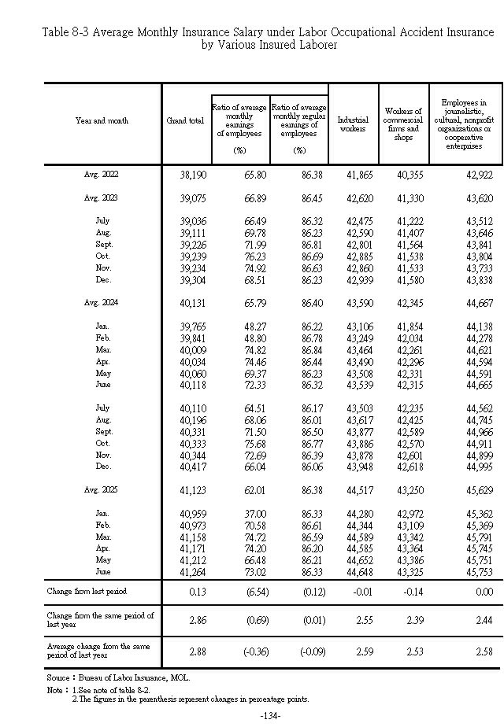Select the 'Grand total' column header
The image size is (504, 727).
click(x=185, y=120)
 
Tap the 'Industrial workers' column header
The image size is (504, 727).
click(x=353, y=124)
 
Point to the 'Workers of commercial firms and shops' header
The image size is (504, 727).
click(x=403, y=124)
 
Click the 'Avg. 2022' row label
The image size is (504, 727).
click(x=102, y=173)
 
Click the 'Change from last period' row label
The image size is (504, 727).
click(x=87, y=591)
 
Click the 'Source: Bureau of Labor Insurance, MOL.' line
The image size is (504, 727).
click(x=118, y=677)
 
